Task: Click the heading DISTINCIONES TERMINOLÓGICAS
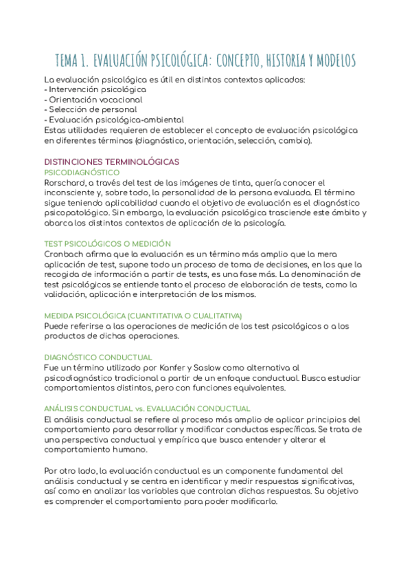pyautogui.click(x=111, y=162)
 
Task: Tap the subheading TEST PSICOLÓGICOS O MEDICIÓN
pyautogui.click(x=107, y=243)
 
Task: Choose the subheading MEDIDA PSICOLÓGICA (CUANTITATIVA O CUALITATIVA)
pyautogui.click(x=142, y=316)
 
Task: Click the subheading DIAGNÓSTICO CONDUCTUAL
pyautogui.click(x=98, y=357)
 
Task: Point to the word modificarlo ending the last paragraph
pyautogui.click(x=253, y=501)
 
